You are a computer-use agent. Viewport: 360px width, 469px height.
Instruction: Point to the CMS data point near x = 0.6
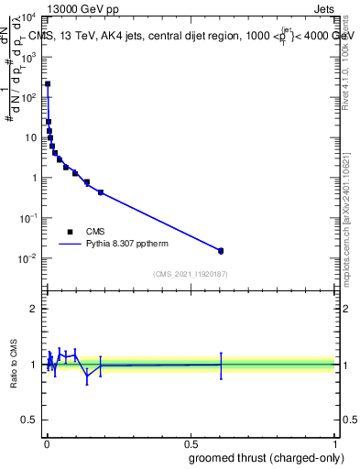point(220,250)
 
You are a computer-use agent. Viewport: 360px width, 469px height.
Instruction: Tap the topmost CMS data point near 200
point(48,83)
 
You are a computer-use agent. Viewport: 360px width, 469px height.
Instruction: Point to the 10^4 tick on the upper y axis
point(27,17)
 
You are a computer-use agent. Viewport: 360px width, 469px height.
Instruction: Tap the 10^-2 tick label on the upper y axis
point(27,258)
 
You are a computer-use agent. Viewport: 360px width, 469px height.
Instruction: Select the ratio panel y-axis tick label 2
point(33,309)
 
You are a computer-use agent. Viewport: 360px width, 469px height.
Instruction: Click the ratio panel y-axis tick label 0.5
point(29,420)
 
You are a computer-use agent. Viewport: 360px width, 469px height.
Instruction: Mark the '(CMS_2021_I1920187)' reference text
point(190,273)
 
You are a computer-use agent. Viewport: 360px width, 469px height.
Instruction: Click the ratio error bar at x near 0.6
point(220,365)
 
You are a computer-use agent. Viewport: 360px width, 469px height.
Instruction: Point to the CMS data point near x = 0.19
point(100,192)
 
